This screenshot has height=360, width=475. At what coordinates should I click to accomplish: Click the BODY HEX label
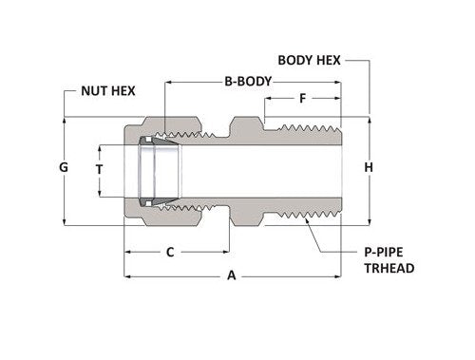(x=309, y=60)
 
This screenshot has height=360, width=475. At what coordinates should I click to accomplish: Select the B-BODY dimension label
(x=248, y=81)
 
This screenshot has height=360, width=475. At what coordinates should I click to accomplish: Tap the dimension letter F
(x=302, y=98)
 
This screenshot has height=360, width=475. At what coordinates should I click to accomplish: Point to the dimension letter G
(x=64, y=167)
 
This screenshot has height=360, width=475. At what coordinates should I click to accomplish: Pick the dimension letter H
(x=369, y=168)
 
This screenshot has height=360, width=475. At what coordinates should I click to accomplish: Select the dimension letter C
(x=169, y=253)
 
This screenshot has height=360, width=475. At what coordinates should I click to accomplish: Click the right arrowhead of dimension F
(x=338, y=98)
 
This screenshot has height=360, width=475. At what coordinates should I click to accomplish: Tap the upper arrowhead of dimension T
(x=99, y=146)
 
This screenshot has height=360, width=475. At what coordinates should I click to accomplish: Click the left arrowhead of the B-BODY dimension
(x=168, y=82)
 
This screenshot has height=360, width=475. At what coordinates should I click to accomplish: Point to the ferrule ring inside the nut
(x=148, y=171)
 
